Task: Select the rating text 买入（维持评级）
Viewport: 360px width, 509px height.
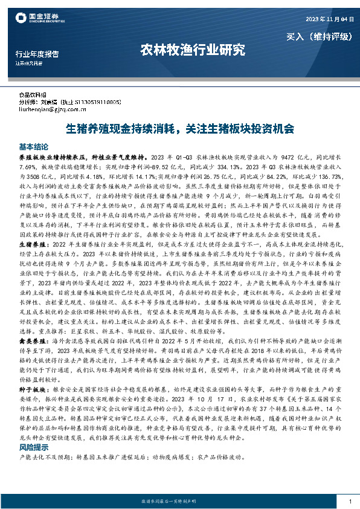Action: pos(318,36)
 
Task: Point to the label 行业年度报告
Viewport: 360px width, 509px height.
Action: pos(37,54)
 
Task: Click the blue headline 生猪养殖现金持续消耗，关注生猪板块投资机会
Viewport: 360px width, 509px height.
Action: pos(179,129)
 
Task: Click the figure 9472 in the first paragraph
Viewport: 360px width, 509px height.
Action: pos(298,156)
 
